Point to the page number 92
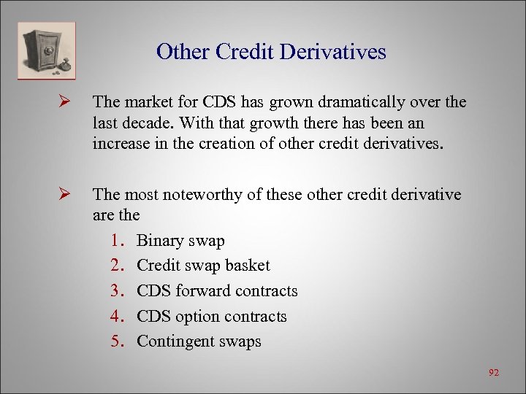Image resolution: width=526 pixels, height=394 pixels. pos(494,373)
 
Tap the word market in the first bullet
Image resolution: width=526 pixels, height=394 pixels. pos(149,103)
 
